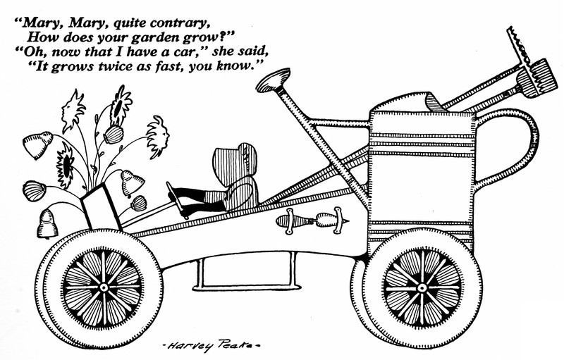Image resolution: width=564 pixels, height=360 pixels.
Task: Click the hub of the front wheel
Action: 104,287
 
